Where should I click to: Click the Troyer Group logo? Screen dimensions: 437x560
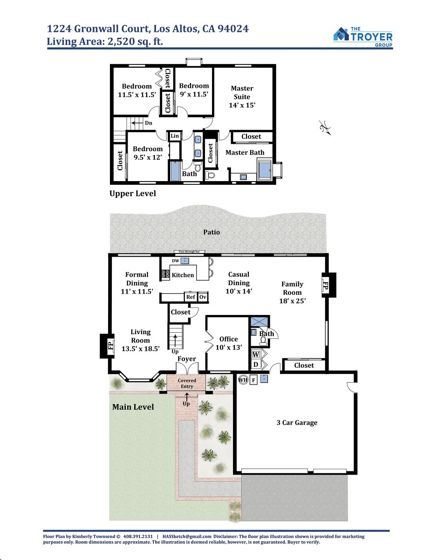[x=363, y=37]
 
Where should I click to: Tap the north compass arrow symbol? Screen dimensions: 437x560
[x=325, y=127]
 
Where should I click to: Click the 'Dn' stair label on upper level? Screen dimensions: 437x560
[x=149, y=123]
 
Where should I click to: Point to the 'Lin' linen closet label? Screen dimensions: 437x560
[x=175, y=136]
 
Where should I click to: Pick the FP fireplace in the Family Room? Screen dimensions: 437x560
[x=329, y=285]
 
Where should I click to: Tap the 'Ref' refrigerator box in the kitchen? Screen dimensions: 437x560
[x=191, y=297]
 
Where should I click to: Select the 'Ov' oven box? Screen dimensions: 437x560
[x=203, y=297]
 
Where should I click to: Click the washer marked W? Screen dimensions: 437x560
[x=256, y=354]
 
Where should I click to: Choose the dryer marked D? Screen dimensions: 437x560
[x=256, y=364]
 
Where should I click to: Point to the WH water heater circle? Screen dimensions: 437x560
[x=243, y=379]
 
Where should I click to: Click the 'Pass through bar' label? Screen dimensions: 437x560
[x=189, y=252]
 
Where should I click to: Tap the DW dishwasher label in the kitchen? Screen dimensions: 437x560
[x=176, y=261]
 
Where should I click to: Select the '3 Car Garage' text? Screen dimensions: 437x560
[x=297, y=423]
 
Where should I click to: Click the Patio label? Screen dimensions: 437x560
[x=212, y=232]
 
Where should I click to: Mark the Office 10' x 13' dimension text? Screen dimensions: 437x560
[x=229, y=347]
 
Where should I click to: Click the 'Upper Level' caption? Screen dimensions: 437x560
[x=133, y=194]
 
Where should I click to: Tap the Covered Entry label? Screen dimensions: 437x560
[x=187, y=383]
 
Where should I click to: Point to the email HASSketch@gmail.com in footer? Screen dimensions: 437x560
[x=187, y=536]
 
